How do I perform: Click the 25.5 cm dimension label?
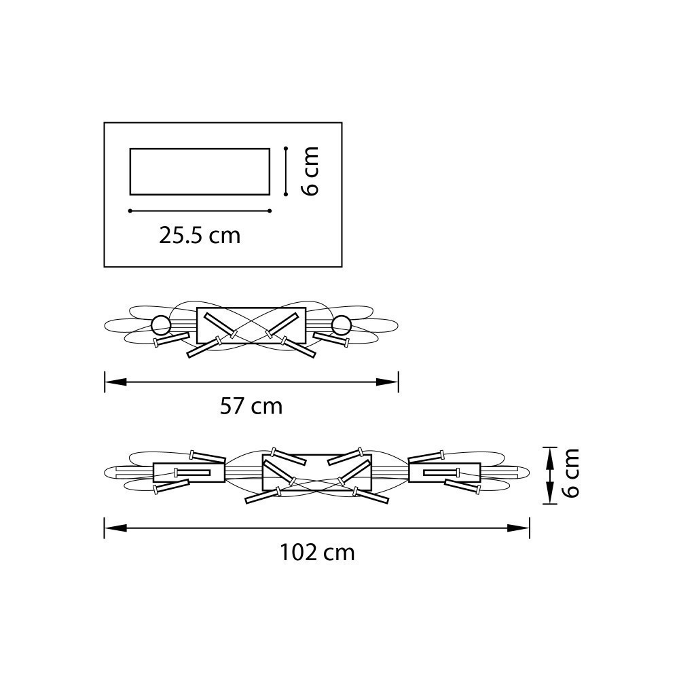[x=200, y=236]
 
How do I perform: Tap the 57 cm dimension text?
[x=251, y=406]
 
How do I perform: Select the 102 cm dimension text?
[x=317, y=553]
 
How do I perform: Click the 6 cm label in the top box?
[x=310, y=171]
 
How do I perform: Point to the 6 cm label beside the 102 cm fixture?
[x=570, y=473]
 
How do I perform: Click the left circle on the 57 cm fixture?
[x=160, y=325]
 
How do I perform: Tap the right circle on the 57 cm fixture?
[x=342, y=325]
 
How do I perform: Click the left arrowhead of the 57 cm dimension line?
[x=115, y=382]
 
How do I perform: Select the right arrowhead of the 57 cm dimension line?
[x=387, y=382]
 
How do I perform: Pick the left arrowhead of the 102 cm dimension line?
[x=115, y=528]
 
